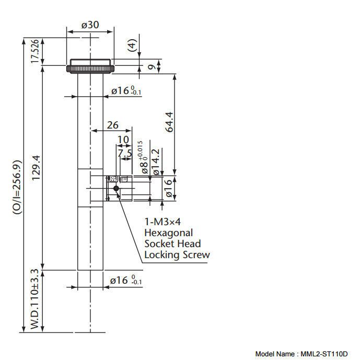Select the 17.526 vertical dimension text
pos(35,51)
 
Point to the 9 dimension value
pos(151,66)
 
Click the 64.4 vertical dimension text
pos(168,123)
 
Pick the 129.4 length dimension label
pos(35,167)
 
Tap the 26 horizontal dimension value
pos(112,125)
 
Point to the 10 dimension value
pos(123,140)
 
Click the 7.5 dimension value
pos(124,153)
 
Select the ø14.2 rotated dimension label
pos(155,161)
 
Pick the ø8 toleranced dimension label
pos(143,159)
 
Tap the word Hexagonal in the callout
pos(168,233)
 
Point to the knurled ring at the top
pos(90,68)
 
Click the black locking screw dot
pos(116,189)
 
